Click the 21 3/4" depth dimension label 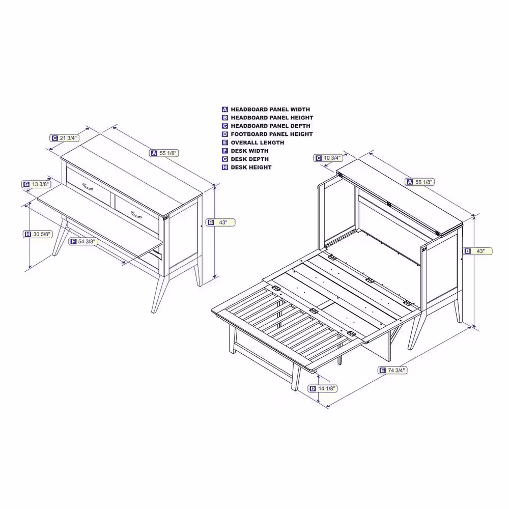point(64,138)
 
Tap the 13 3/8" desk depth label point(36,184)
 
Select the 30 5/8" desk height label point(38,234)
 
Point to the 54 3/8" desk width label point(83,241)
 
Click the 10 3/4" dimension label point(328,158)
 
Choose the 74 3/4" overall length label point(392,370)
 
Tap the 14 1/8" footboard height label point(323,388)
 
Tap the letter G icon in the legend point(225,159)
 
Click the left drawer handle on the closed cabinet point(88,187)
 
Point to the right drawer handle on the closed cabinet point(136,215)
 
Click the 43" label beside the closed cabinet point(220,222)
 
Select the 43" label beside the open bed point(477,251)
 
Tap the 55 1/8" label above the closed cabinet point(164,153)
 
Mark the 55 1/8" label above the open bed point(420,182)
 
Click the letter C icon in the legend point(225,126)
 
